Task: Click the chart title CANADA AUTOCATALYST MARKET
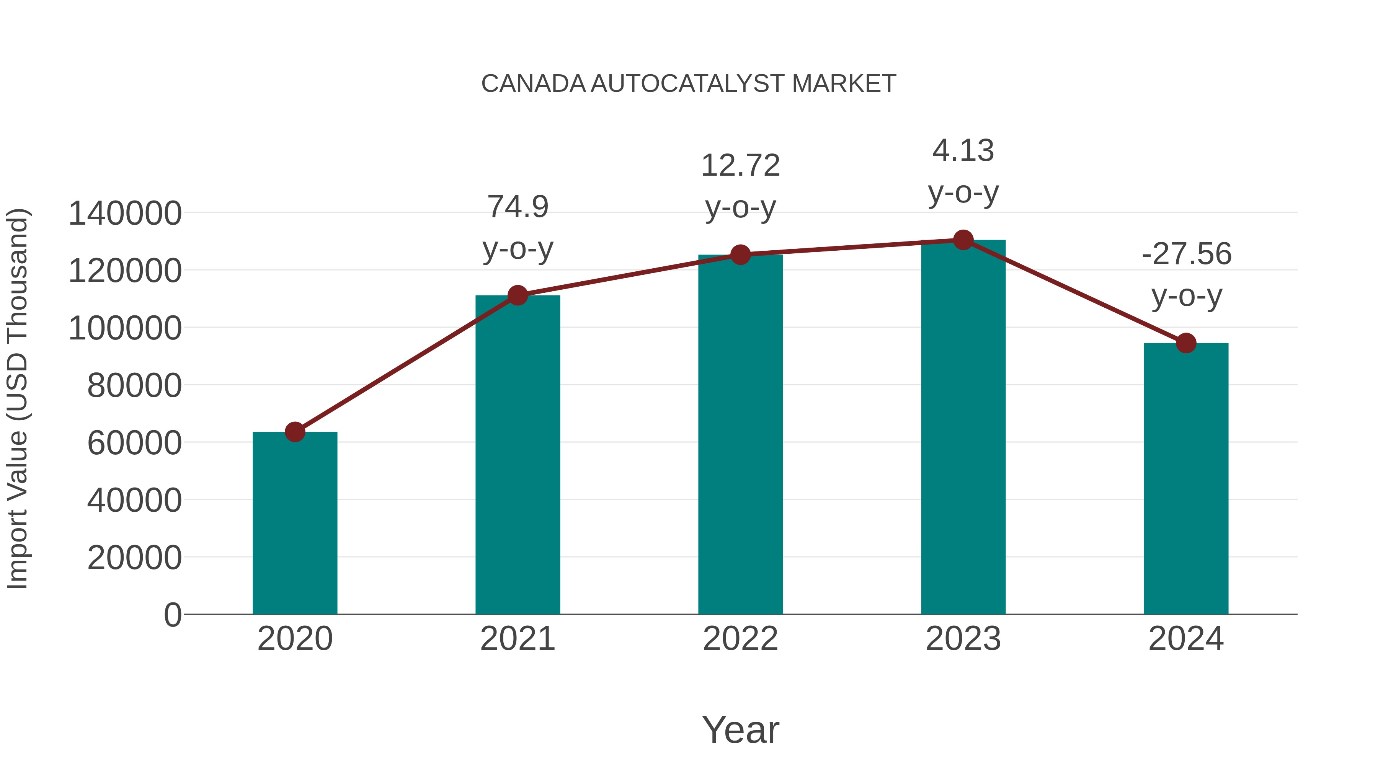[689, 84]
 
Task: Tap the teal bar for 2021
[517, 455]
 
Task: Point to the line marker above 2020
[295, 432]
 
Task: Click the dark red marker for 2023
[963, 240]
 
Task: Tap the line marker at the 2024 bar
[1186, 343]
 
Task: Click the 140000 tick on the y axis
[125, 214]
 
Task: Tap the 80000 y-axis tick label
[134, 386]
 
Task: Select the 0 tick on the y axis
[172, 615]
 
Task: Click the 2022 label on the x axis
[740, 639]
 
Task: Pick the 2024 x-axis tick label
[1186, 639]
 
